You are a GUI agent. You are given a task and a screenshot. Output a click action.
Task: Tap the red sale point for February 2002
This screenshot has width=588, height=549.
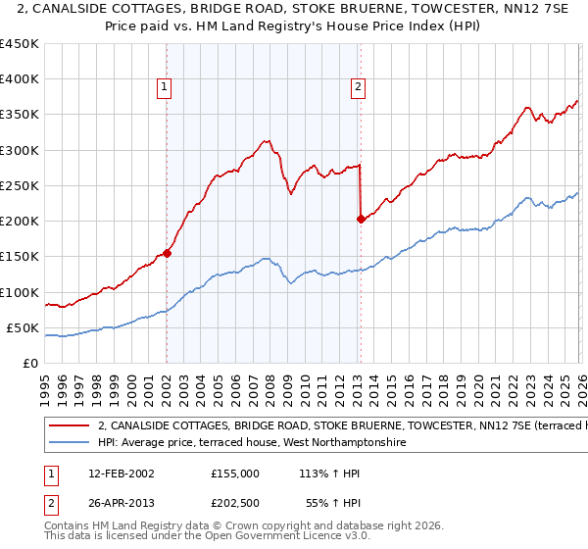click(x=167, y=253)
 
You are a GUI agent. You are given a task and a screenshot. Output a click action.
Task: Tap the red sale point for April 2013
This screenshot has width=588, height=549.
click(x=361, y=219)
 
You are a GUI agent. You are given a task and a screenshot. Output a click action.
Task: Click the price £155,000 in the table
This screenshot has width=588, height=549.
click(x=235, y=473)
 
